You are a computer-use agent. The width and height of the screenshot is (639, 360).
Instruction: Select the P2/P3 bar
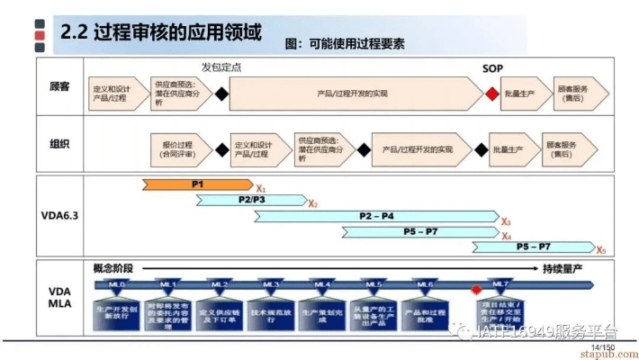coord(251,200)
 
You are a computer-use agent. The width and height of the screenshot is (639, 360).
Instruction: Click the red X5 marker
coord(601,250)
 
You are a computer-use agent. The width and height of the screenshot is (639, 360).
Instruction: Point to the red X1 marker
coord(261,189)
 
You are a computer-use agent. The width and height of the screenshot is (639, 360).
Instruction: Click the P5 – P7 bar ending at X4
coord(419,232)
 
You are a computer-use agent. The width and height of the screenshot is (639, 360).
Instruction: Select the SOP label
coord(492,68)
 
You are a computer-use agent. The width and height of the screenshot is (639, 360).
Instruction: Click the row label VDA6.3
coord(59,215)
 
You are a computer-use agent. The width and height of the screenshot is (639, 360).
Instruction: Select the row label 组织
coord(59,145)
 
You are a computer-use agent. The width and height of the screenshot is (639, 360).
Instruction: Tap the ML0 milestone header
coord(117,285)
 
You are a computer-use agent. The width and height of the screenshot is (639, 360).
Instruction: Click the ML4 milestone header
coord(322,285)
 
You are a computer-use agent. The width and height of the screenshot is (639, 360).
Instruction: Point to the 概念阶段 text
coord(113,269)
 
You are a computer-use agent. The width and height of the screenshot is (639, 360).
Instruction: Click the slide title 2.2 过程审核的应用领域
coord(161,33)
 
